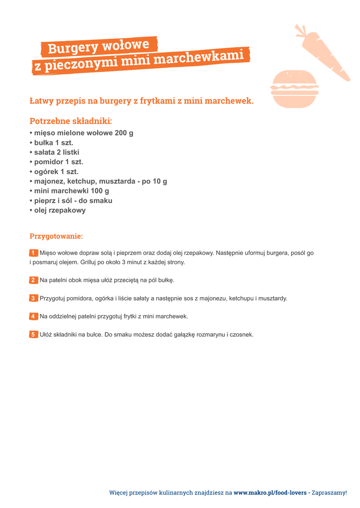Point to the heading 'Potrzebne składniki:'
click(71, 121)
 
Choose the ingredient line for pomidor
click(56, 162)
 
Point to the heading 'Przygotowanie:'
click(56, 236)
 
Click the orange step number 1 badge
click(33, 253)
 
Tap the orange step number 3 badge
click(33, 298)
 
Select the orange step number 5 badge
click(33, 334)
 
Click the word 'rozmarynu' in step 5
click(211, 335)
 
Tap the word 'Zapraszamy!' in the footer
click(329, 493)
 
